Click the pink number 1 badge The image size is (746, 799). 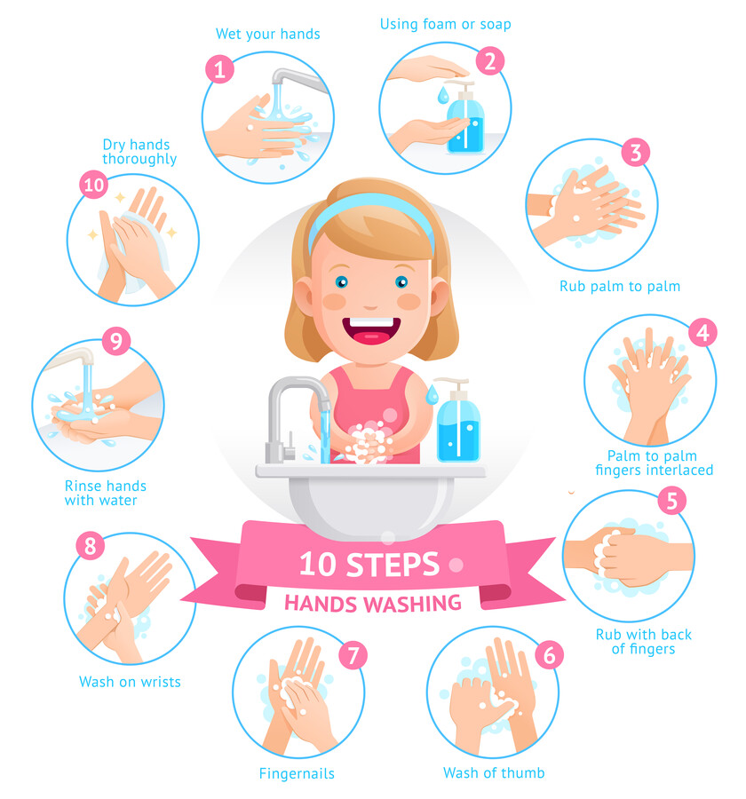pyautogui.click(x=219, y=69)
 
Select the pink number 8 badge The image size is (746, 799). pyautogui.click(x=90, y=545)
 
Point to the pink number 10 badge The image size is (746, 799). pyautogui.click(x=93, y=185)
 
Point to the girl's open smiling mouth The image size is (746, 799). pyautogui.click(x=370, y=330)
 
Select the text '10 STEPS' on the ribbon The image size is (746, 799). pyautogui.click(x=369, y=564)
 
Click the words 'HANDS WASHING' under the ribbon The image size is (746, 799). pyautogui.click(x=373, y=604)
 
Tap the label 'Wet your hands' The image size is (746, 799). pyautogui.click(x=267, y=34)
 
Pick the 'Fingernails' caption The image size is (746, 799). pyautogui.click(x=297, y=773)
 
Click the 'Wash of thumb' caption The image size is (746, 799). pyautogui.click(x=494, y=772)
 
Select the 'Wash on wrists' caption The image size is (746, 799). pyautogui.click(x=130, y=682)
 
